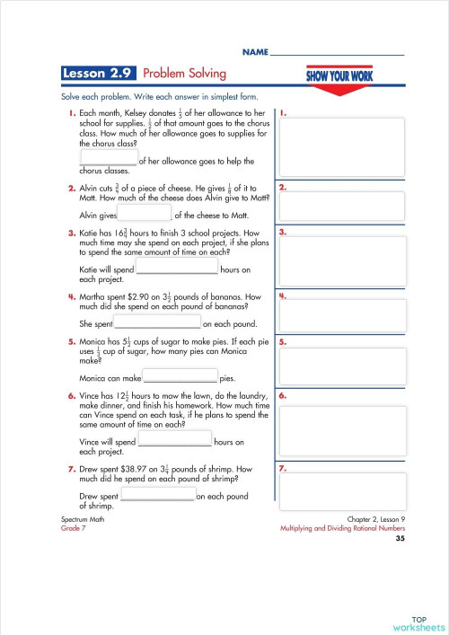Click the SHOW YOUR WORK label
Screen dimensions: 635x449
pos(340,75)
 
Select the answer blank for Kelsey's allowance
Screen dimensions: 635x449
pos(109,157)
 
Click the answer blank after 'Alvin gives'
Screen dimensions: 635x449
pos(144,213)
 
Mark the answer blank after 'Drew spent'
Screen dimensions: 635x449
pos(157,495)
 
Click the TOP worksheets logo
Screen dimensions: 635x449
pos(418,622)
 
